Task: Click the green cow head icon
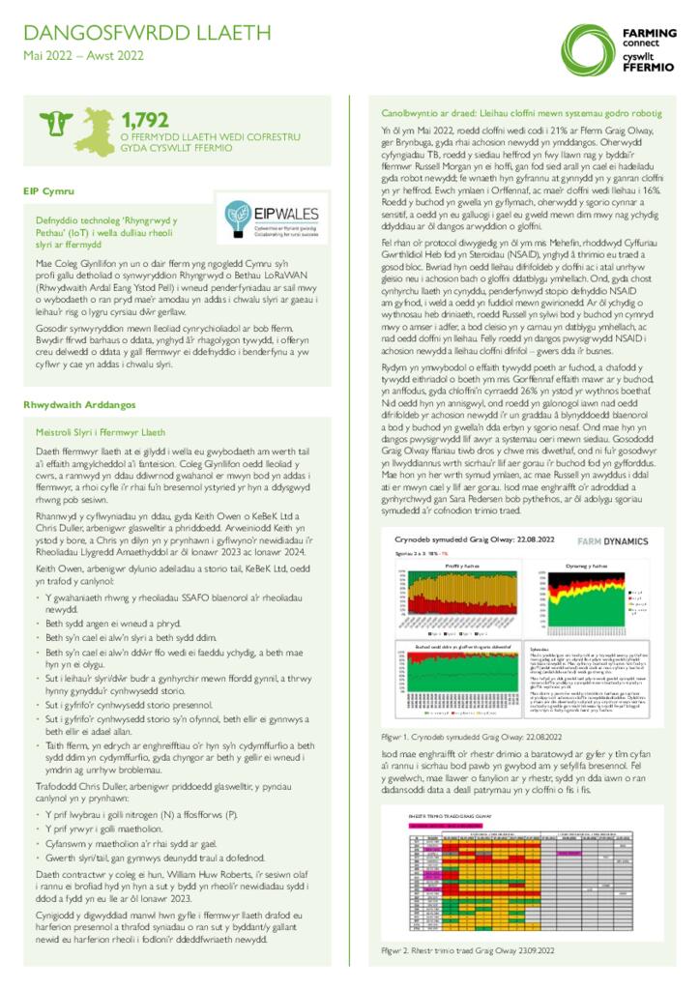click(x=58, y=124)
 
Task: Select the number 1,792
click(x=145, y=120)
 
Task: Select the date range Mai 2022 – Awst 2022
click(x=83, y=57)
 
